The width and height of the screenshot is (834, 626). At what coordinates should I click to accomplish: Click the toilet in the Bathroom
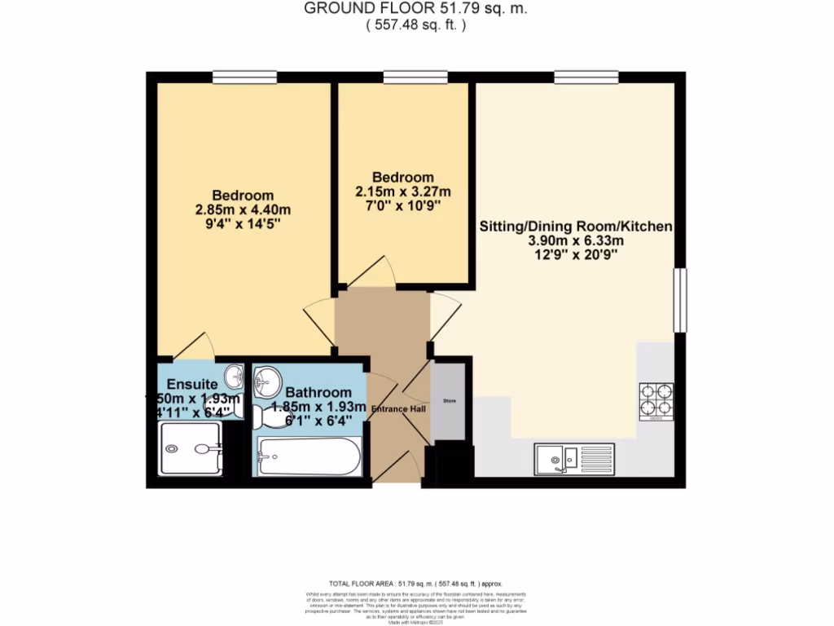[x=266, y=417]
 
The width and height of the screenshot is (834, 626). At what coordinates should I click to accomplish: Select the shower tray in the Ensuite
[x=189, y=449]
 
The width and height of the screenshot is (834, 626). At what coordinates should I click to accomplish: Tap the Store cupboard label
[x=448, y=402]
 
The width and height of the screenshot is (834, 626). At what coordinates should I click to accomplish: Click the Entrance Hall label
[x=399, y=408]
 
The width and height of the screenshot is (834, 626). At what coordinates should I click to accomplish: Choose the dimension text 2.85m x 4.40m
[x=243, y=209]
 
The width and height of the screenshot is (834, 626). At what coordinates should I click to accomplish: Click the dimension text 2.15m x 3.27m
[x=403, y=192]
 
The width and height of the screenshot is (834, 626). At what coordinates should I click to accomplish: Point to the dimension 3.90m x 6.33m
[x=575, y=240]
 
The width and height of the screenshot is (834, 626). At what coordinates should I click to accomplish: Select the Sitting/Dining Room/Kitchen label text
[x=575, y=226]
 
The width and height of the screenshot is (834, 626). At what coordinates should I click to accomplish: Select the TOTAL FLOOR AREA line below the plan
[x=416, y=584]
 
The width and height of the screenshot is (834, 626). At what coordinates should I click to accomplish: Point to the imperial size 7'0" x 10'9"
[x=403, y=205]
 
